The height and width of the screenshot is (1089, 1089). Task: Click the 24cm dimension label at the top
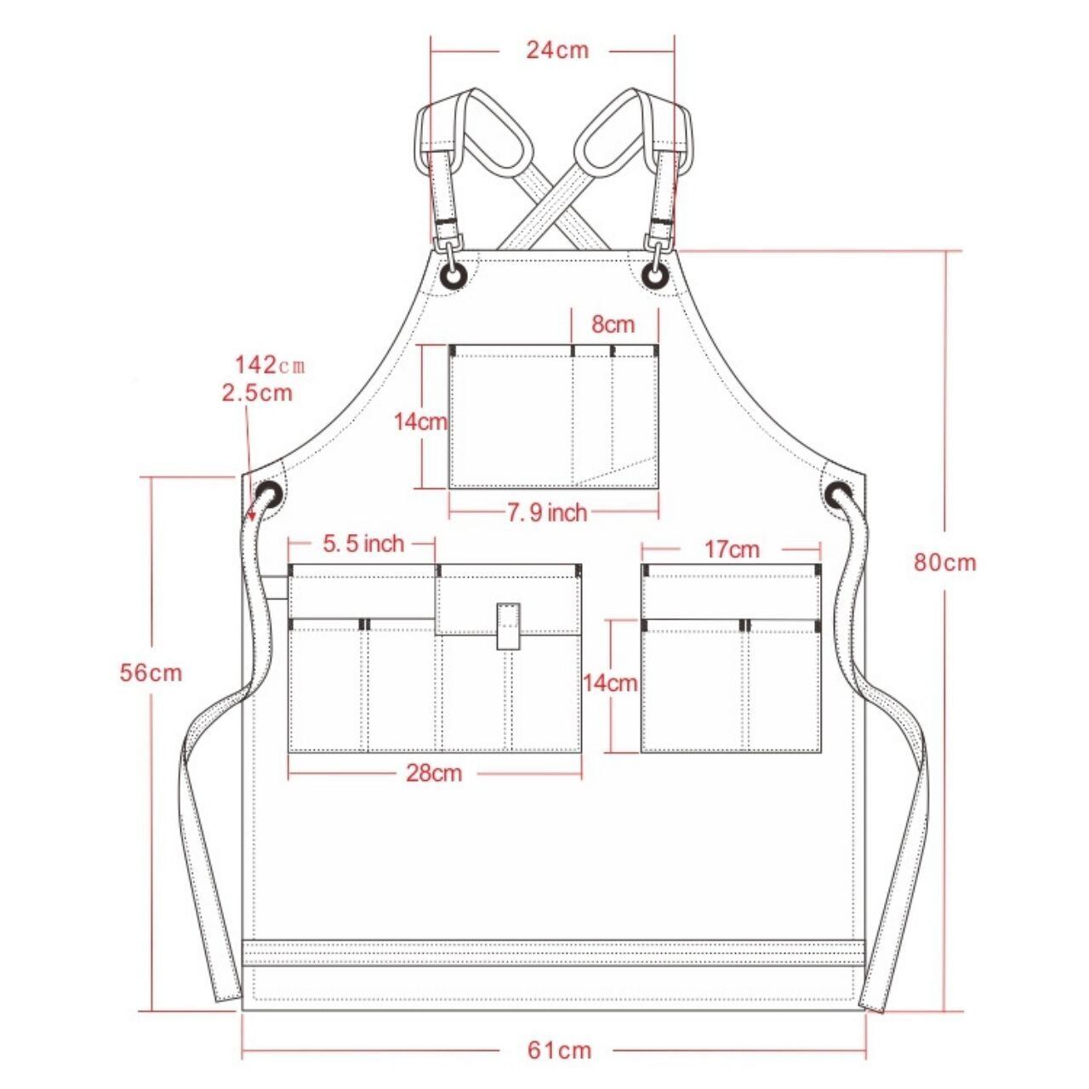pos(557,51)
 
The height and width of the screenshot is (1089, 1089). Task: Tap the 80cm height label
pos(945,562)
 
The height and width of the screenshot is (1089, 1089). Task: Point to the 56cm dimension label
pos(151,672)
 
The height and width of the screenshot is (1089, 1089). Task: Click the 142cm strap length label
pos(271,366)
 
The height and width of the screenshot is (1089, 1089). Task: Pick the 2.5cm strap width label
pos(258,393)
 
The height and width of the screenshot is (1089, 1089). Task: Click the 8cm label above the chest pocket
pos(613,325)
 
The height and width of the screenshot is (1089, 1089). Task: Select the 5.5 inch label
pos(363,544)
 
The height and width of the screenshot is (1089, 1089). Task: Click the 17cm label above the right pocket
pos(732,550)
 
